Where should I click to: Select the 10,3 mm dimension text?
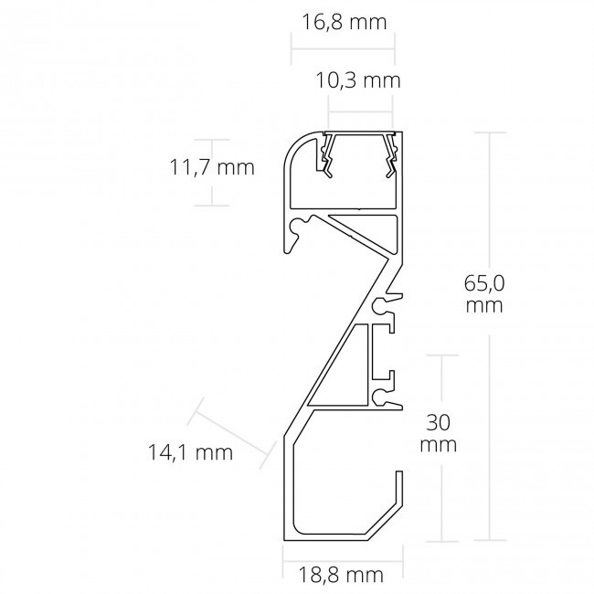pos(364,80)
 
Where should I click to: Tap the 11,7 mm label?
pos(212,167)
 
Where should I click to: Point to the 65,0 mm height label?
pos(483,294)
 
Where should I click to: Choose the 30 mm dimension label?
pos(439,434)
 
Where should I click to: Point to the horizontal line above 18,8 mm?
pos(342,554)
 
